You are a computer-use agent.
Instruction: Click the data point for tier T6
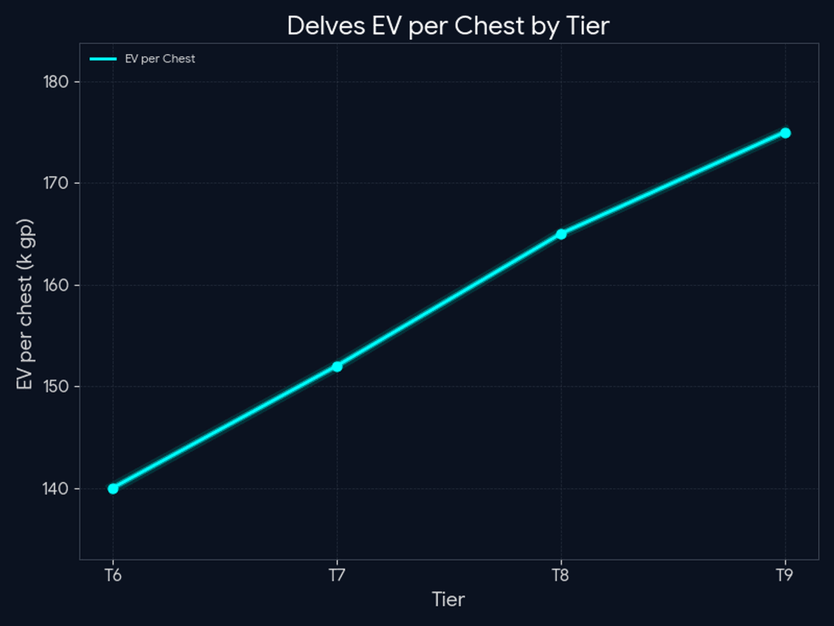[x=113, y=488]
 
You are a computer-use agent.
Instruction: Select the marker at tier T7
[x=337, y=366]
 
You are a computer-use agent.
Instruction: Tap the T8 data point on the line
[x=561, y=234]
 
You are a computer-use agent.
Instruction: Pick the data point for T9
[x=785, y=133]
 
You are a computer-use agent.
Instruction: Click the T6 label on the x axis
[x=113, y=575]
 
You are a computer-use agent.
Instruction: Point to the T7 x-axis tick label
[x=337, y=575]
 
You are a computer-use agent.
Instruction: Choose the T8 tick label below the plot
[x=561, y=575]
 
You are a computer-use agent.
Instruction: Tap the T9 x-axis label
[x=784, y=575]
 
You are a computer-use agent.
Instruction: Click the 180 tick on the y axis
[x=56, y=82]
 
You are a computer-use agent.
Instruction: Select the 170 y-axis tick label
[x=56, y=183]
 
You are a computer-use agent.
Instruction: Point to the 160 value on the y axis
[x=56, y=285]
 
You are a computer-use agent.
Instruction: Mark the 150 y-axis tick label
[x=56, y=387]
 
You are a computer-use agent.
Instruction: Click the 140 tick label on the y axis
[x=56, y=488]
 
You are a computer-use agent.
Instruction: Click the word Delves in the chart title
[x=326, y=26]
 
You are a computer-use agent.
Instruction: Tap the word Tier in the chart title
[x=588, y=26]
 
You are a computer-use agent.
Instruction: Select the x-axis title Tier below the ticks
[x=448, y=599]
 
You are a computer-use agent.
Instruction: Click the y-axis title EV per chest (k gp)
[x=25, y=304]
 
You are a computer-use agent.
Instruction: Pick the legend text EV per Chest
[x=160, y=59]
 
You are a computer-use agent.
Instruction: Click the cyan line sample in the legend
[x=103, y=59]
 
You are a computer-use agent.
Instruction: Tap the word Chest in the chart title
[x=489, y=26]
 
